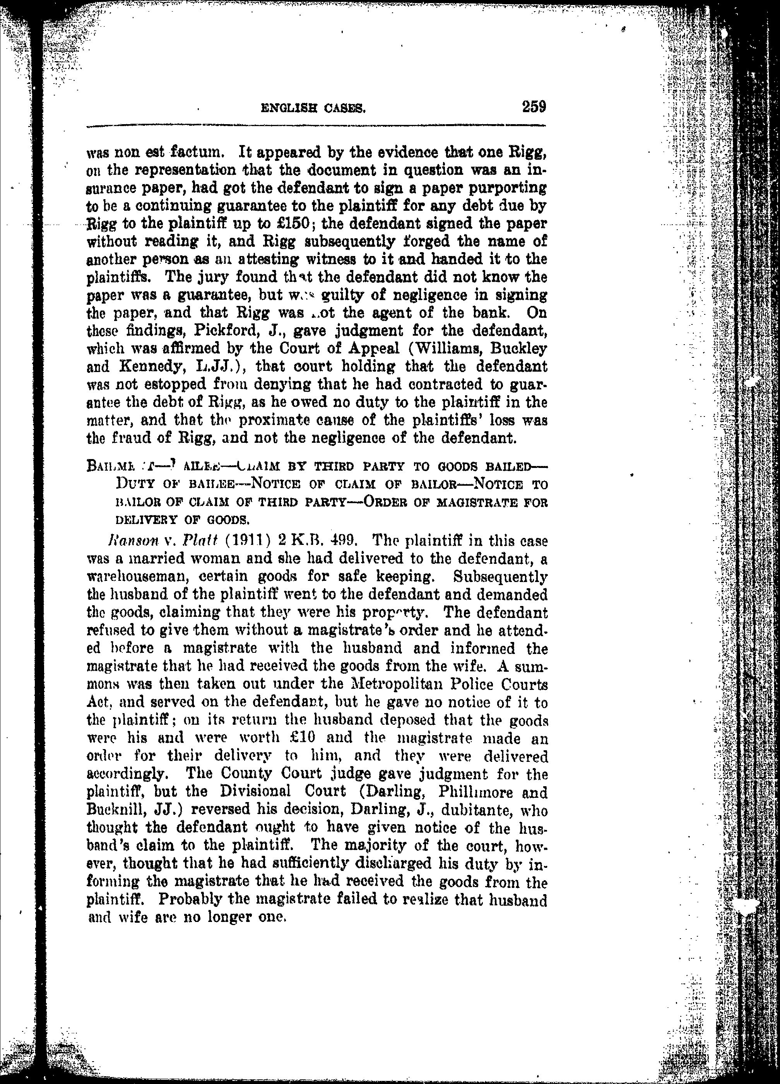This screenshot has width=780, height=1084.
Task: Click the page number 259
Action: point(534,106)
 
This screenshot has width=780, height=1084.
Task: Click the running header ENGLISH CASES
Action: point(313,109)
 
